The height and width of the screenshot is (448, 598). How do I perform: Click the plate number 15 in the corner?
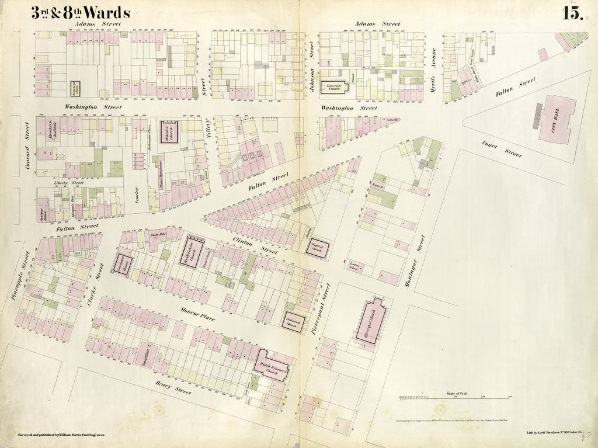click(x=573, y=13)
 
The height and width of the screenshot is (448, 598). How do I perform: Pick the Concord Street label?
click(x=27, y=147)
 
